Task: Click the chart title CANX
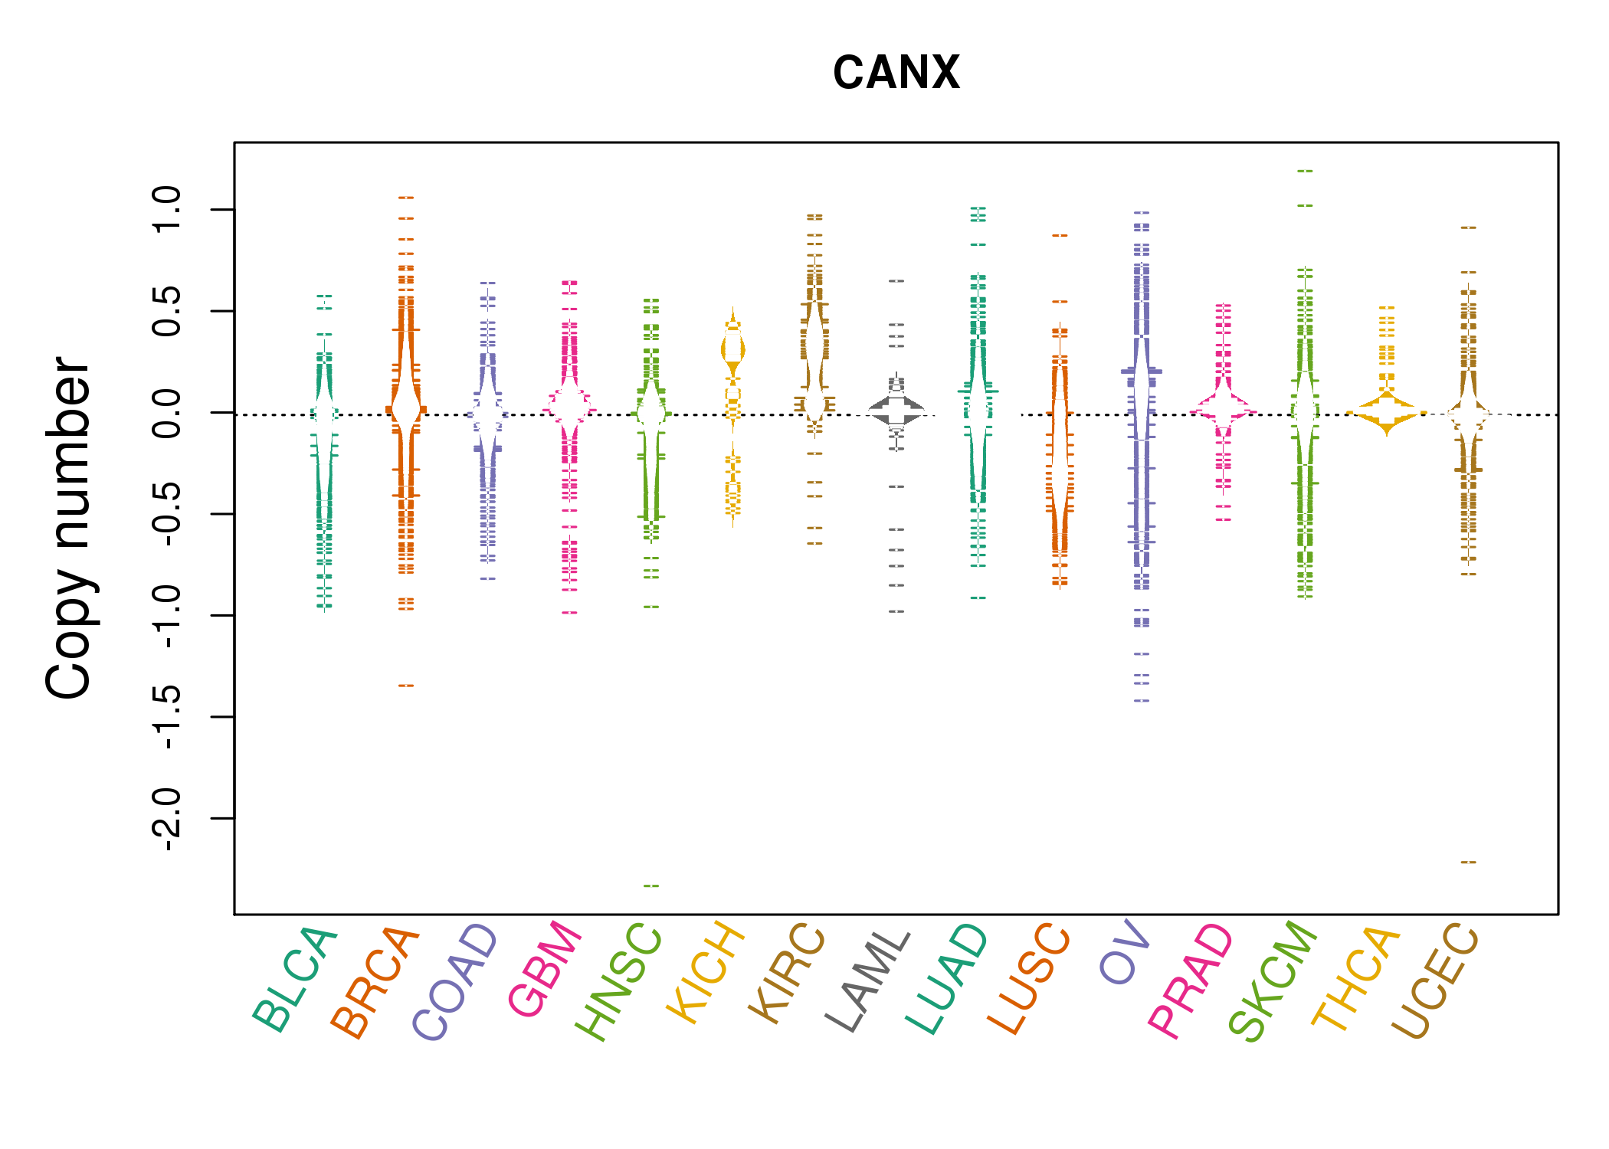[896, 73]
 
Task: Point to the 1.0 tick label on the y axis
[166, 209]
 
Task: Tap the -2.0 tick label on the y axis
[166, 819]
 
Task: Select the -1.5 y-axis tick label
[166, 717]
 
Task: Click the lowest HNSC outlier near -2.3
[650, 886]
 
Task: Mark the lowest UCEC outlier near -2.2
[1468, 863]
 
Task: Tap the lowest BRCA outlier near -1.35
[406, 686]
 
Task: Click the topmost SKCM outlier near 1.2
[1305, 172]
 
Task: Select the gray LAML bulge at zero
[896, 411]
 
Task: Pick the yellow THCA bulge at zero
[1386, 414]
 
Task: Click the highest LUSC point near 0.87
[1060, 236]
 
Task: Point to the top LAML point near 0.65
[896, 281]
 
